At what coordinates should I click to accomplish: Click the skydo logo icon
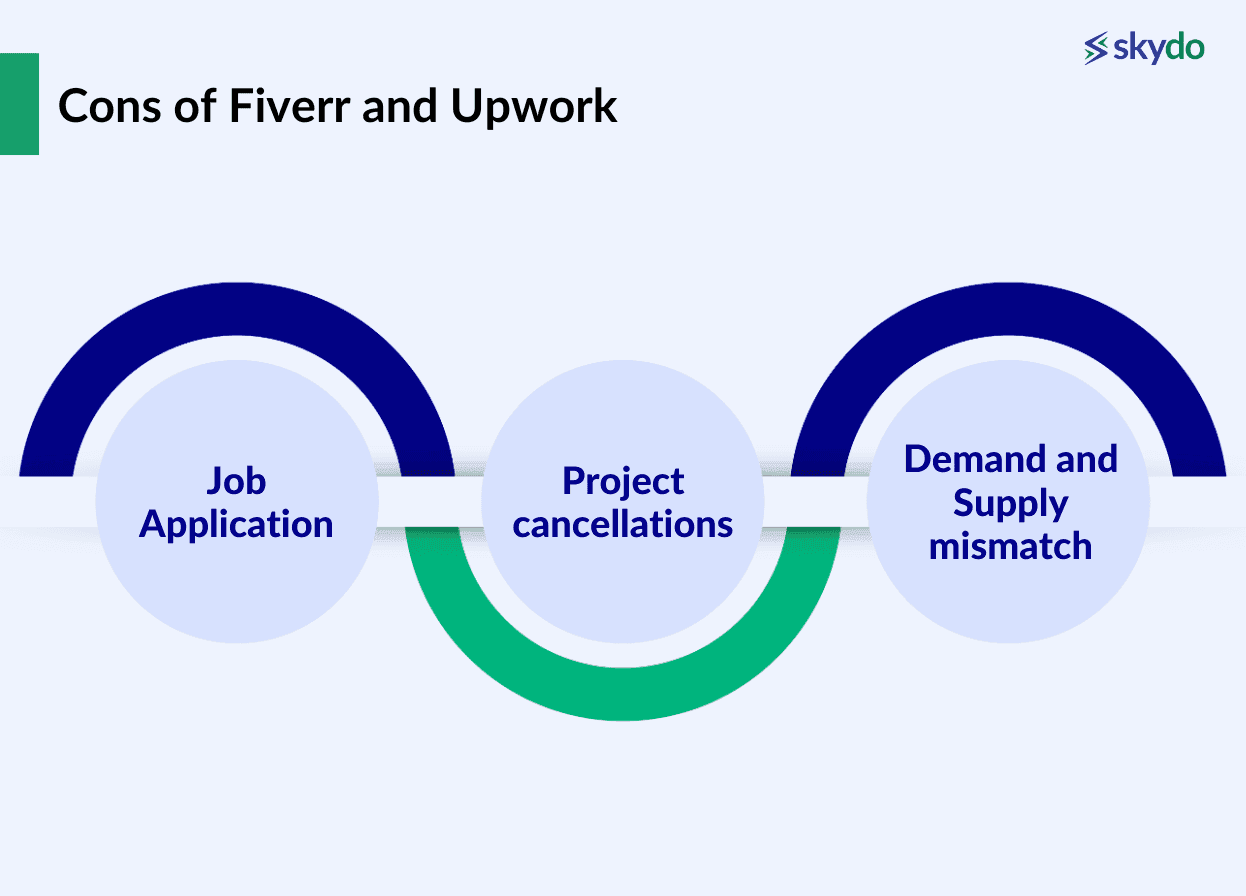coord(1097,48)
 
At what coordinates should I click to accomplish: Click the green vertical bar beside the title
coord(19,104)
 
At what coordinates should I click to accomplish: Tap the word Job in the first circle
coord(237,481)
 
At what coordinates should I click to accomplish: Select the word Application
coord(236,524)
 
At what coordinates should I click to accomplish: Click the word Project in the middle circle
coord(623,481)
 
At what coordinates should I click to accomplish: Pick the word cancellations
coord(623,524)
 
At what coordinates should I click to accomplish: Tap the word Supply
coord(1010,503)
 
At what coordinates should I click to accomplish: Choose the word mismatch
coord(1010,547)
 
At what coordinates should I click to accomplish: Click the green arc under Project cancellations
coord(623,690)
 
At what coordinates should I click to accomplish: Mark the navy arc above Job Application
coord(237,310)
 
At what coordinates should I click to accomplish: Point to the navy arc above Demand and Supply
coord(1008,310)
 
